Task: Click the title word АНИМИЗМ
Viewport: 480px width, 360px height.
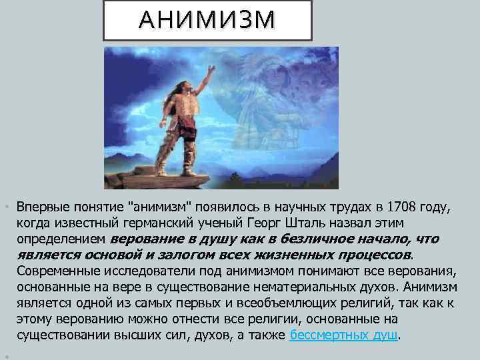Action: pyautogui.click(x=207, y=21)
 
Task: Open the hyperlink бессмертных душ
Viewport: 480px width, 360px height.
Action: pyautogui.click(x=343, y=335)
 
